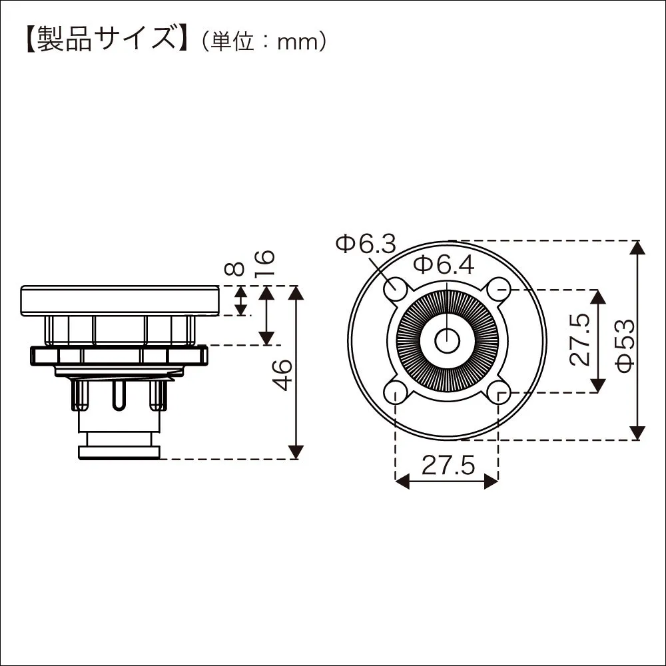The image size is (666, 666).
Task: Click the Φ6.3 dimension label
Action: coord(366,244)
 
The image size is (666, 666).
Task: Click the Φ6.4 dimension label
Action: coord(444,266)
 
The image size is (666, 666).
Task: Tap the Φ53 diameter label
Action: coord(625,346)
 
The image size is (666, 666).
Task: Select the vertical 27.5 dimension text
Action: coord(580,340)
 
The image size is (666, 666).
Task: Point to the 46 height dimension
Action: coord(282,374)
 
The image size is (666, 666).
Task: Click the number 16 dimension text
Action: coord(264,264)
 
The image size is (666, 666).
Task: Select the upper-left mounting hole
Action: coord(396,289)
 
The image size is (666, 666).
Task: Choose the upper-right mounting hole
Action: coord(498,289)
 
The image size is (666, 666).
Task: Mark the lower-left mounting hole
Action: coord(396,392)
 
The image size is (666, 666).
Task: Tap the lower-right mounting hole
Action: coord(498,392)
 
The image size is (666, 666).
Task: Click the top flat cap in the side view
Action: coord(120,301)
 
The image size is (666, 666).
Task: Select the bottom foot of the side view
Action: coord(120,452)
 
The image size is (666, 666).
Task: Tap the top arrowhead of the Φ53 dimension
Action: coord(636,247)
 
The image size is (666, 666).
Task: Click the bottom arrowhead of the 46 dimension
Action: coord(296,452)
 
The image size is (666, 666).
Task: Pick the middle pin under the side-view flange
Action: coord(119,395)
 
